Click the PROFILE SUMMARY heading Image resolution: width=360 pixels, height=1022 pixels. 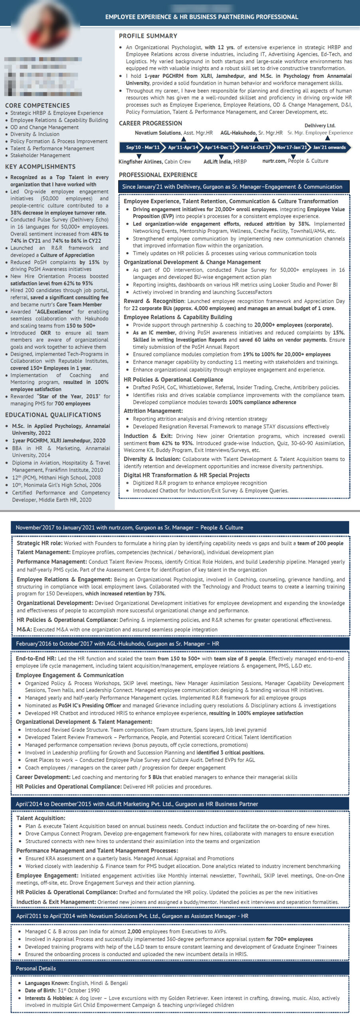tap(148, 36)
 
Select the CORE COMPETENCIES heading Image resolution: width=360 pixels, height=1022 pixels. tap(37, 105)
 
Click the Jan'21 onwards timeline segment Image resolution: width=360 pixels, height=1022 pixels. tap(329, 147)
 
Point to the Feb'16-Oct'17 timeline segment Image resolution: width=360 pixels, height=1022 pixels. tap(256, 147)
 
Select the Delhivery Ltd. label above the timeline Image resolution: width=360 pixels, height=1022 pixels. tap(320, 125)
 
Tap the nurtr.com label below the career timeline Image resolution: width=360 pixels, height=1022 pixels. tap(274, 161)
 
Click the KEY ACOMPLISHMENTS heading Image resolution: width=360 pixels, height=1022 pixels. tap(40, 166)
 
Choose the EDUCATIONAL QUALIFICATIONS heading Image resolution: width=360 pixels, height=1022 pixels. tap(53, 415)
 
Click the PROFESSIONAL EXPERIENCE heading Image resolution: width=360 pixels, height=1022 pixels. tap(158, 175)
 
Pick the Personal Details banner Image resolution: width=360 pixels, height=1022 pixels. tap(36, 968)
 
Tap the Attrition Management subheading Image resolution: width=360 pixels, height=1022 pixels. tap(153, 410)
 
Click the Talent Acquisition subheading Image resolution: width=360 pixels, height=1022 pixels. tap(41, 818)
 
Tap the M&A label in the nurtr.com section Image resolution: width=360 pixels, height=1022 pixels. tap(24, 629)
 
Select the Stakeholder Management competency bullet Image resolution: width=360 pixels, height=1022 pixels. tap(40, 155)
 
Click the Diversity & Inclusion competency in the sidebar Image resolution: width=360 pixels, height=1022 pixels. tap(35, 134)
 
